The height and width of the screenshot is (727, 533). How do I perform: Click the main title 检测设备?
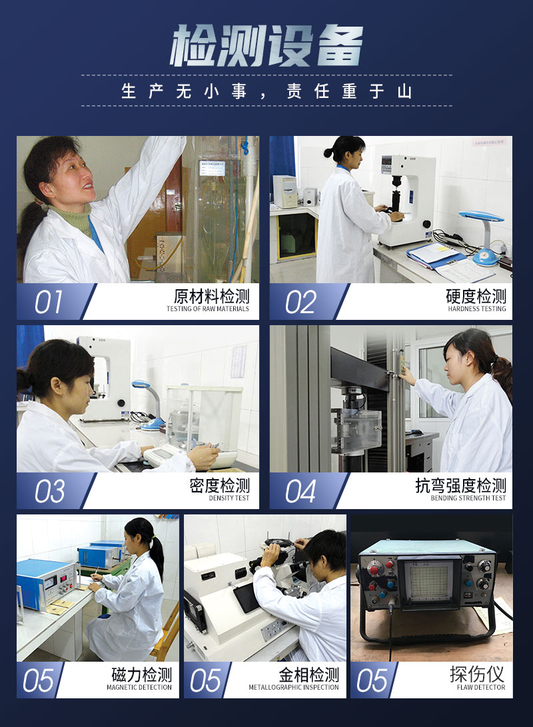click(x=266, y=45)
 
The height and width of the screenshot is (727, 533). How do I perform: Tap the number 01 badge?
click(x=48, y=302)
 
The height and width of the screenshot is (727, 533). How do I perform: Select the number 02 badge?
click(x=300, y=302)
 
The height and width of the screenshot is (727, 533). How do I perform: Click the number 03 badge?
click(x=49, y=491)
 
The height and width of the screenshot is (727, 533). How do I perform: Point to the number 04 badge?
click(x=300, y=491)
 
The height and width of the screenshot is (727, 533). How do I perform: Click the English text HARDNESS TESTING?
click(x=477, y=309)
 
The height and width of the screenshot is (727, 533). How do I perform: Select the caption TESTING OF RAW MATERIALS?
click(x=208, y=309)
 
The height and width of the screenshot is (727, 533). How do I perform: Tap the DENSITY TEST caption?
click(x=229, y=498)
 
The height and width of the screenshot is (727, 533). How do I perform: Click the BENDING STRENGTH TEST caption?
click(x=468, y=498)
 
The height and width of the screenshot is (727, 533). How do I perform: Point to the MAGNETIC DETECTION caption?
click(x=139, y=687)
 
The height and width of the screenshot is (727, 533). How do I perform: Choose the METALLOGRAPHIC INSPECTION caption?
click(x=293, y=687)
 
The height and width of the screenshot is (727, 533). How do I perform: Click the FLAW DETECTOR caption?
click(x=481, y=687)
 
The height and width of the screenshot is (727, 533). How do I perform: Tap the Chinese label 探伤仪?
click(x=478, y=674)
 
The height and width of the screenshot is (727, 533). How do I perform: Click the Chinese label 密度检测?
click(x=220, y=485)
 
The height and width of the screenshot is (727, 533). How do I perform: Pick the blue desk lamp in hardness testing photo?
click(x=482, y=237)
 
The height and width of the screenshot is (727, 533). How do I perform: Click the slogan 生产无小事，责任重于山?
click(x=266, y=91)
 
